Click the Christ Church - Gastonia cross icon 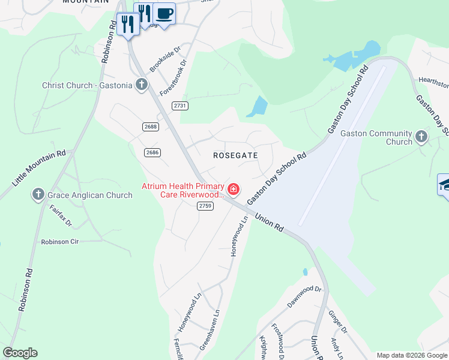pyautogui.click(x=142, y=85)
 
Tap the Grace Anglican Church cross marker pyautogui.click(x=38, y=194)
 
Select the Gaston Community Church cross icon pyautogui.click(x=421, y=137)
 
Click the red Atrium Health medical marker pyautogui.click(x=233, y=190)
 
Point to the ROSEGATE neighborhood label pyautogui.click(x=235, y=155)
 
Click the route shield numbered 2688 pyautogui.click(x=151, y=127)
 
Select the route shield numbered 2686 pyautogui.click(x=152, y=152)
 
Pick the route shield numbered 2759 pyautogui.click(x=205, y=206)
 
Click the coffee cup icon pyautogui.click(x=164, y=13)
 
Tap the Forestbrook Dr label pyautogui.click(x=173, y=77)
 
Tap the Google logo pyautogui.click(x=20, y=353)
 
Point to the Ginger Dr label pyautogui.click(x=337, y=322)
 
